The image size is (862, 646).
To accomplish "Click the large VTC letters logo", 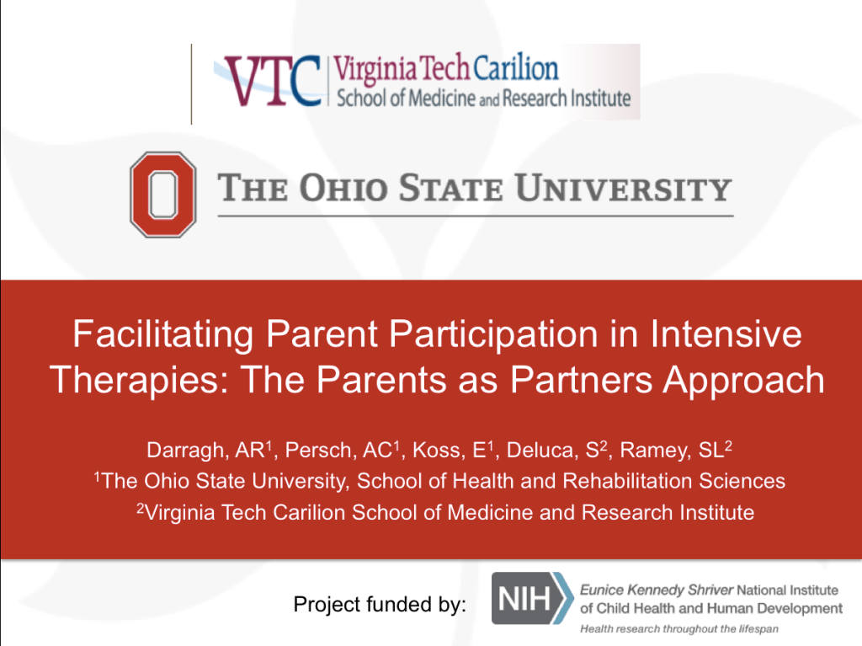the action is pyautogui.click(x=273, y=81).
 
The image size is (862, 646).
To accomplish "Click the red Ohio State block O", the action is pyautogui.click(x=163, y=195).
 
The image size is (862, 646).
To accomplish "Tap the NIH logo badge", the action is pyautogui.click(x=532, y=598).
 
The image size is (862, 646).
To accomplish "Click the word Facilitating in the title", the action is pyautogui.click(x=163, y=334).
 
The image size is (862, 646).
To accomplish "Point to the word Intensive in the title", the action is pyautogui.click(x=726, y=334).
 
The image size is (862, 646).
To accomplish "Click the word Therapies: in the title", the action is pyautogui.click(x=140, y=381).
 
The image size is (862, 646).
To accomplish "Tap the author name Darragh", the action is pyautogui.click(x=186, y=451).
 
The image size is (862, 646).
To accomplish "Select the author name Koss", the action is pyautogui.click(x=437, y=450).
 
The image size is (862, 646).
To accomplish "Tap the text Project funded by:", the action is pyautogui.click(x=380, y=604).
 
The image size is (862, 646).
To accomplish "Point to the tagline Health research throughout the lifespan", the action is pyautogui.click(x=679, y=628).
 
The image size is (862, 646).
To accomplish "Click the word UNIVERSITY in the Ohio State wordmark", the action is pyautogui.click(x=624, y=188).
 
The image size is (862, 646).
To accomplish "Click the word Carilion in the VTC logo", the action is pyautogui.click(x=515, y=68).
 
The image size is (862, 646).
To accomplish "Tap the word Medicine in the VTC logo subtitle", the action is pyautogui.click(x=442, y=99).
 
